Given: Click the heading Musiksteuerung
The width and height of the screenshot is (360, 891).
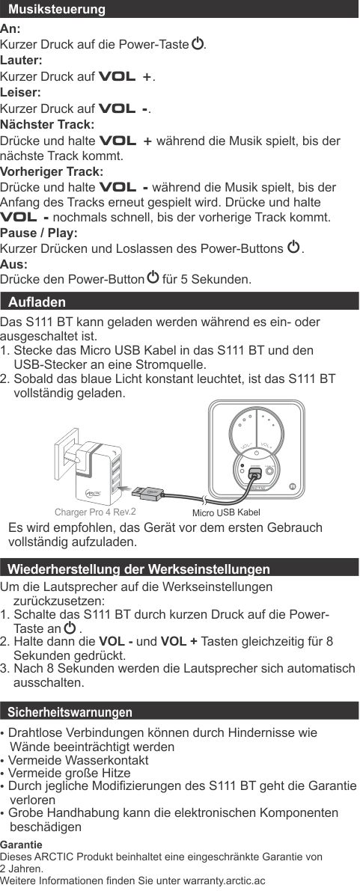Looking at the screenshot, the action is [x=57, y=10].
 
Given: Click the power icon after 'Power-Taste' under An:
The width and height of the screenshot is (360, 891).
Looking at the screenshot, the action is [x=197, y=43].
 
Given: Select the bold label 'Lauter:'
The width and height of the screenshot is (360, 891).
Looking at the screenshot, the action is [x=21, y=60].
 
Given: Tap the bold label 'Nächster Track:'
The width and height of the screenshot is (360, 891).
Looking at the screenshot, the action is [x=47, y=123].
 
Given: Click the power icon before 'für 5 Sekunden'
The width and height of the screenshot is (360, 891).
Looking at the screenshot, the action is [x=153, y=278].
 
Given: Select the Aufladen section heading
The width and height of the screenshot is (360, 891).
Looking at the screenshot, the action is [x=37, y=301].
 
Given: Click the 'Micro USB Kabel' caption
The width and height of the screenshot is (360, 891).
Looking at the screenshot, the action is [x=226, y=512].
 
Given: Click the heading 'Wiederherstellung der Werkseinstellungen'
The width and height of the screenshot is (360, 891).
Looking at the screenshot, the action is [x=138, y=569].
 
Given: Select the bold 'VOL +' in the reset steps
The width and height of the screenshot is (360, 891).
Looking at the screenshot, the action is [x=179, y=642].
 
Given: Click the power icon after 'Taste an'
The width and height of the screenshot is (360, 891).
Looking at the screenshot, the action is [x=70, y=628].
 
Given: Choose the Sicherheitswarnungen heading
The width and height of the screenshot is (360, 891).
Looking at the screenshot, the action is [x=70, y=712].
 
